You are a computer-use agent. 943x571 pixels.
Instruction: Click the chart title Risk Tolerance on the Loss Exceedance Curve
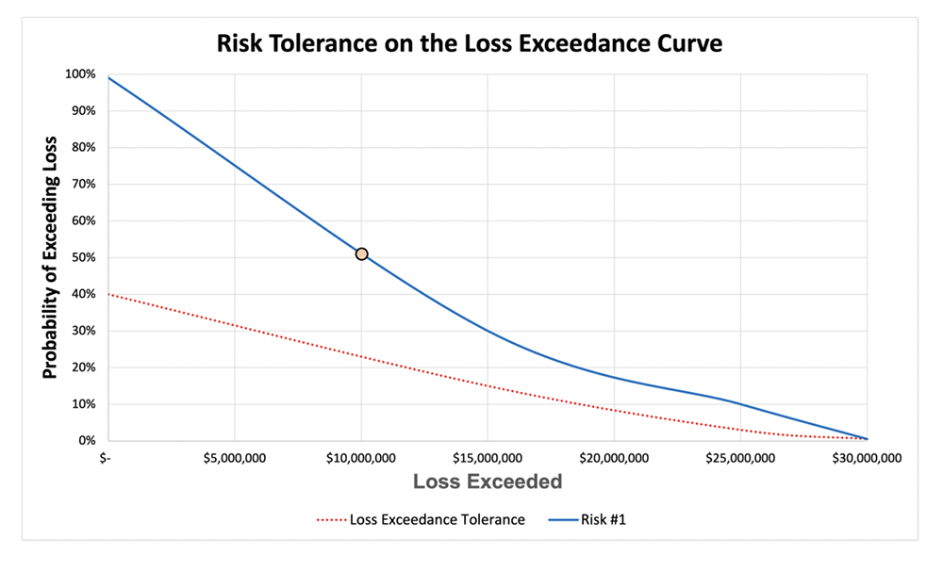[469, 43]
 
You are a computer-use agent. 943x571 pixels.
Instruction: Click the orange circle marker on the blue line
[361, 253]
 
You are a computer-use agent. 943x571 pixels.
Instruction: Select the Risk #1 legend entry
[593, 519]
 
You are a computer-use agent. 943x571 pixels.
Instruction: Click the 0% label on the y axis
[86, 441]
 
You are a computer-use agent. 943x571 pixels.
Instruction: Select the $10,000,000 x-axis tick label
[360, 459]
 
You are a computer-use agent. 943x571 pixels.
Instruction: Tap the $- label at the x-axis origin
[108, 459]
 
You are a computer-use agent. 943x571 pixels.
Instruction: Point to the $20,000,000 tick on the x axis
[613, 459]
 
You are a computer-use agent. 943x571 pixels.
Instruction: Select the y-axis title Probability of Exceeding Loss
[50, 257]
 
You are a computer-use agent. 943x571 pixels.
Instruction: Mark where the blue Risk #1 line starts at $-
[109, 77]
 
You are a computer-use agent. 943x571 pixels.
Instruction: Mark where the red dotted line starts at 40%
[109, 294]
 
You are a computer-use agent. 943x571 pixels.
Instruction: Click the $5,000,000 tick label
[234, 459]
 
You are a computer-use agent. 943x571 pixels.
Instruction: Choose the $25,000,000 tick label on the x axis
[739, 459]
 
